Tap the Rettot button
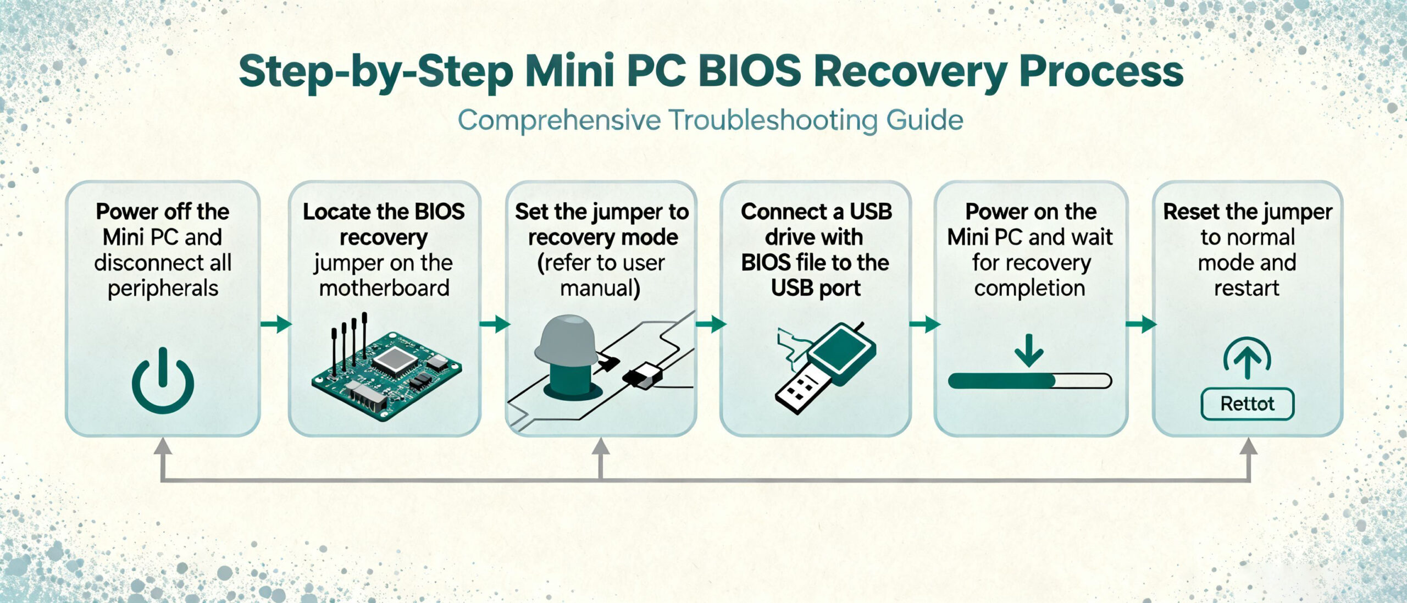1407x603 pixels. click(x=1247, y=404)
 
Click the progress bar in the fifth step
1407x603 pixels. click(x=1029, y=381)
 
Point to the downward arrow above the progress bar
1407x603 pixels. click(x=1029, y=350)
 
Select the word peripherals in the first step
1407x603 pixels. click(x=163, y=289)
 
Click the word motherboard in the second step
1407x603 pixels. click(x=384, y=289)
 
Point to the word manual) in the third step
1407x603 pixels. click(x=600, y=289)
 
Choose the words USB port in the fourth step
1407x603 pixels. click(x=816, y=289)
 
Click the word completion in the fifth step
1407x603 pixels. click(x=1029, y=289)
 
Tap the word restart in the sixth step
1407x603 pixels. click(x=1247, y=289)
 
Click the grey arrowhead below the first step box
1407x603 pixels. click(x=163, y=446)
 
